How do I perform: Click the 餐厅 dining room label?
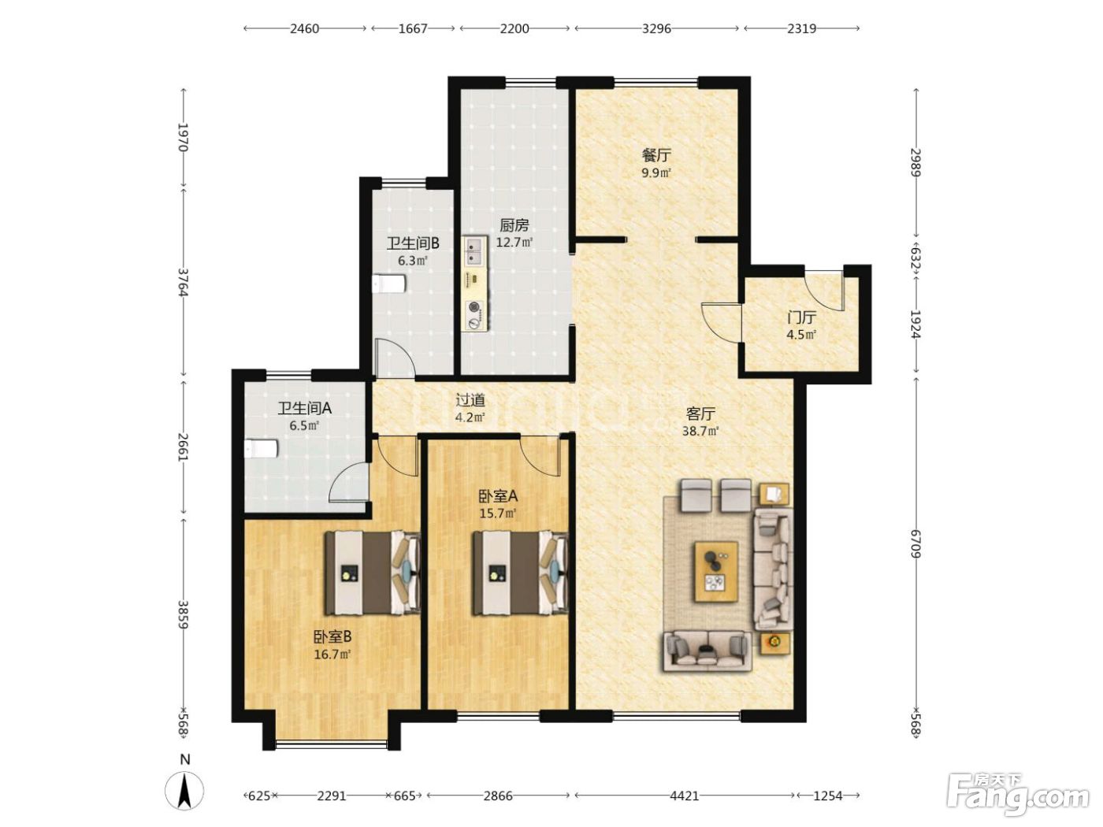[656, 155]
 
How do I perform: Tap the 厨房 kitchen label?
[514, 224]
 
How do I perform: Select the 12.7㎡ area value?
[514, 242]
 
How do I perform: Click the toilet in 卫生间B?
[388, 284]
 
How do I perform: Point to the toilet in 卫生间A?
[261, 448]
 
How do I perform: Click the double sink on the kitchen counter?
[474, 251]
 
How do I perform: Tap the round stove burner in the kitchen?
[474, 306]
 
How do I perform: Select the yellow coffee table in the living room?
[716, 571]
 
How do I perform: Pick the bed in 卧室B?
[373, 573]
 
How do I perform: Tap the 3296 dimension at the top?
[656, 28]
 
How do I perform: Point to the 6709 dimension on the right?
[915, 544]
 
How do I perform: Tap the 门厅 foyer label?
[801, 317]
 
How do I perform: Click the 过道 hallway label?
[470, 400]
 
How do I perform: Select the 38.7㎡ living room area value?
[700, 431]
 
